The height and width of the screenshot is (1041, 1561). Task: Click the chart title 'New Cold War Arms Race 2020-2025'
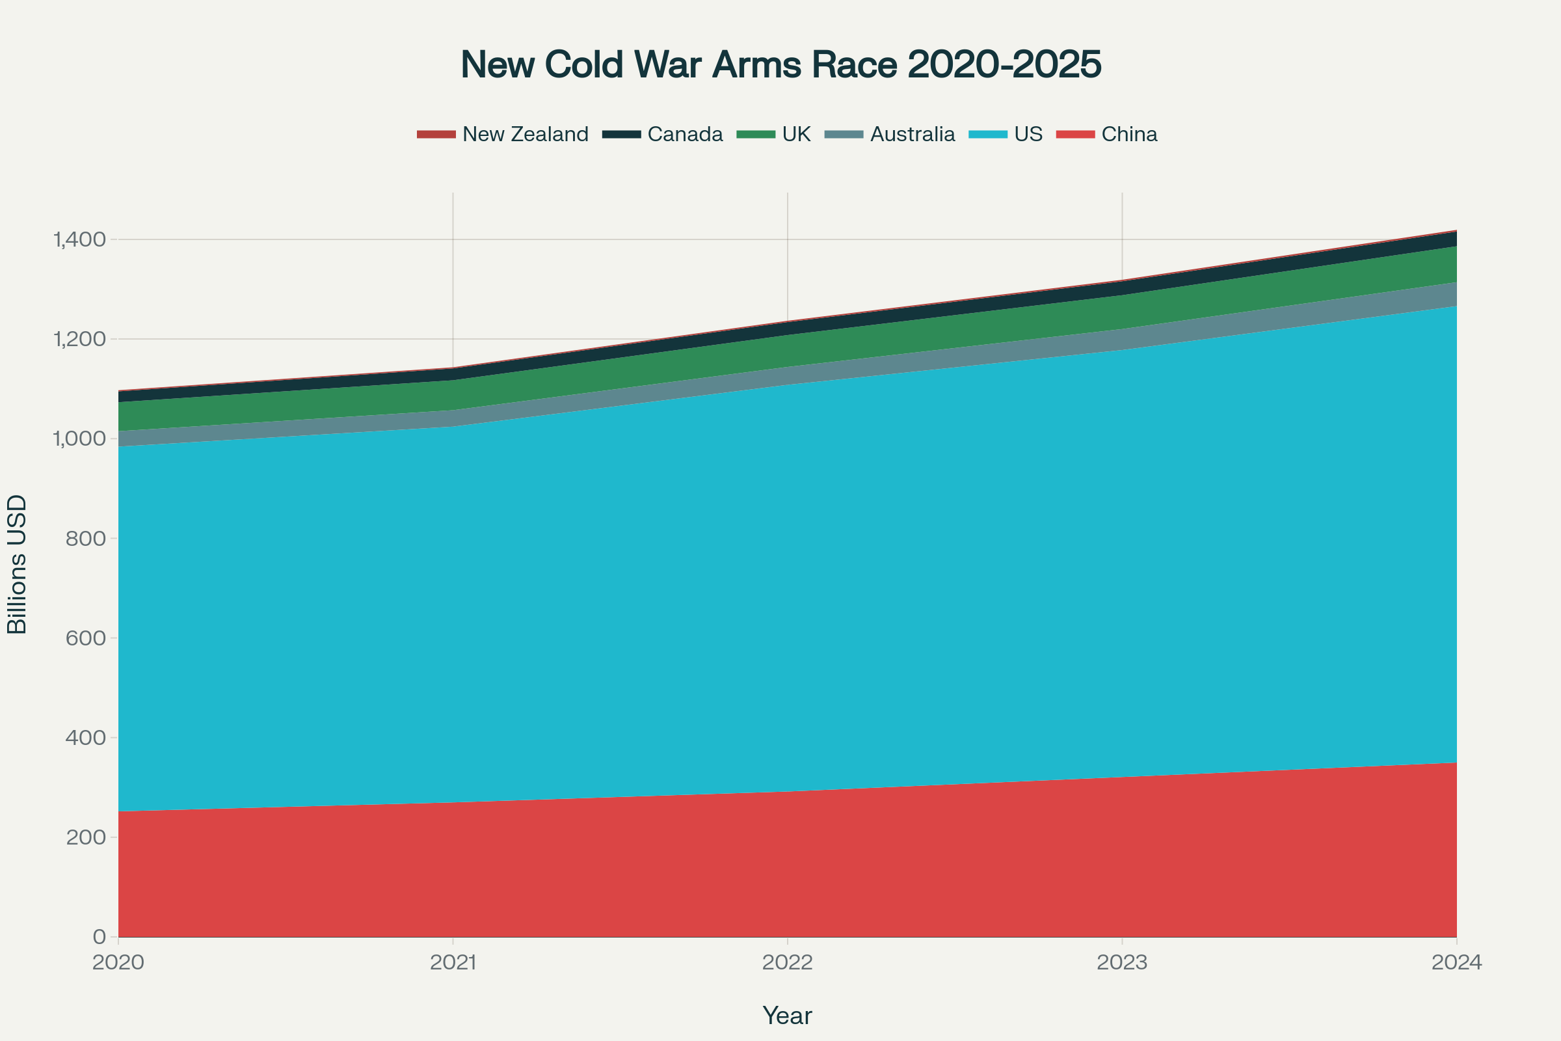pyautogui.click(x=780, y=65)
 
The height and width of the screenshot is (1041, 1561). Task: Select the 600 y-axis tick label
pyautogui.click(x=86, y=638)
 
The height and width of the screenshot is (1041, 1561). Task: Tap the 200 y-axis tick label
pyautogui.click(x=86, y=837)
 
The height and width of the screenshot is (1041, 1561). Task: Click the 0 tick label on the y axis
pyautogui.click(x=100, y=937)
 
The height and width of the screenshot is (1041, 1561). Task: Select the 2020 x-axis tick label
pyautogui.click(x=118, y=963)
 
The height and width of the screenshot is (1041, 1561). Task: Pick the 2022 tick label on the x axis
pyautogui.click(x=787, y=963)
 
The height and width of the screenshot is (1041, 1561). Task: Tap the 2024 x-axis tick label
pyautogui.click(x=1456, y=963)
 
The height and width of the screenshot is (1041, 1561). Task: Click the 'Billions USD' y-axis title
pyautogui.click(x=17, y=564)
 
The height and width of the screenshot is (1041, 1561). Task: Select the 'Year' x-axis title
pyautogui.click(x=787, y=1016)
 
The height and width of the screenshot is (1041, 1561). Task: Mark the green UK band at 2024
pyautogui.click(x=1451, y=265)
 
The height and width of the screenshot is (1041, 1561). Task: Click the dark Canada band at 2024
pyautogui.click(x=1451, y=239)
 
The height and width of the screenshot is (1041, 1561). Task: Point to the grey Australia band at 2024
pyautogui.click(x=1451, y=295)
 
